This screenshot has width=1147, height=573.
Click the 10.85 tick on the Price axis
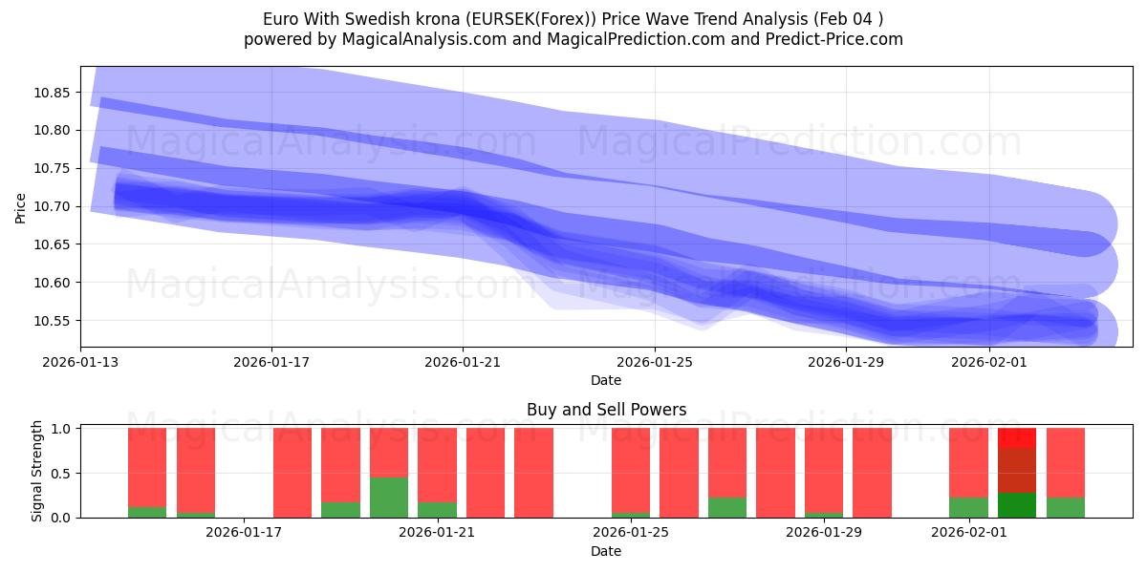pyautogui.click(x=54, y=93)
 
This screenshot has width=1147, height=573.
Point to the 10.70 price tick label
pyautogui.click(x=54, y=206)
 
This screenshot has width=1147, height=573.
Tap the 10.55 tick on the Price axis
pyautogui.click(x=54, y=321)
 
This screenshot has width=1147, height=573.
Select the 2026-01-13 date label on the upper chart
pyautogui.click(x=80, y=363)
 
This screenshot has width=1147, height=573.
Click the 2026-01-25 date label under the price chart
pyautogui.click(x=655, y=363)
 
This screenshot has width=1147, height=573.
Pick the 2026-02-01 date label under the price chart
pyautogui.click(x=989, y=363)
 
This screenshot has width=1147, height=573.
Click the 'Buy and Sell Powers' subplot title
pyautogui.click(x=606, y=410)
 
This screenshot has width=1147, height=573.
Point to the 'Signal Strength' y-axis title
pyautogui.click(x=37, y=472)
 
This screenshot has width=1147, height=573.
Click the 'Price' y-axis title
pyautogui.click(x=21, y=206)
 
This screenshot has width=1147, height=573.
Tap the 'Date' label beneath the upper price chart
pyautogui.click(x=606, y=380)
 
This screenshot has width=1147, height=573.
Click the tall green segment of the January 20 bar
pyautogui.click(x=389, y=498)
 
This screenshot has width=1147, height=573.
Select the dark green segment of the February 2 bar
pyautogui.click(x=1017, y=505)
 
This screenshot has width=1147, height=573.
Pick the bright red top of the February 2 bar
pyautogui.click(x=1017, y=437)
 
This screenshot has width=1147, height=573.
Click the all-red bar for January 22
pyautogui.click(x=486, y=473)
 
